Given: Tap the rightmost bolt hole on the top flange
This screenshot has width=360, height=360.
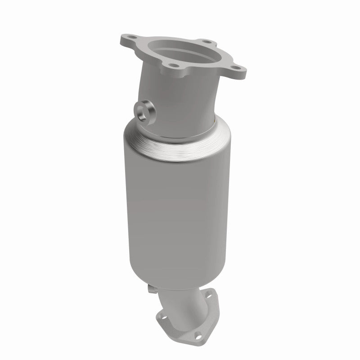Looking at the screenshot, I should coord(236,70).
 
